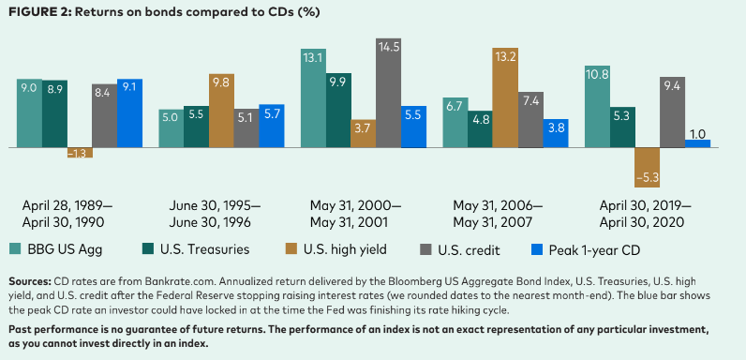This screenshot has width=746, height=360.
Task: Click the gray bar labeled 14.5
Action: click(x=388, y=93)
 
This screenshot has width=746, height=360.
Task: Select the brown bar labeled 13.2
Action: click(x=505, y=97)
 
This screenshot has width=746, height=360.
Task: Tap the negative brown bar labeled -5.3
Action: click(x=647, y=168)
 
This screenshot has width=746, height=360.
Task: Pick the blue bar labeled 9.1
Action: click(x=129, y=113)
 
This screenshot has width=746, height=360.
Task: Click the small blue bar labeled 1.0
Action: click(x=697, y=143)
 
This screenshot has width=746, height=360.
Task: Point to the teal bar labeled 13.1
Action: click(x=314, y=98)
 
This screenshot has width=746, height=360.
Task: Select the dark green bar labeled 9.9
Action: click(x=338, y=111)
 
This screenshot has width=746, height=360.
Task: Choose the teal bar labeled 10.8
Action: click(x=597, y=107)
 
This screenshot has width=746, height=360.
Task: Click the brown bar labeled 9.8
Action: click(x=221, y=111)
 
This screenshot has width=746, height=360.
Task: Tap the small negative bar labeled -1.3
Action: click(x=80, y=153)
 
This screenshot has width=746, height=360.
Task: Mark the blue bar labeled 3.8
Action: click(x=556, y=133)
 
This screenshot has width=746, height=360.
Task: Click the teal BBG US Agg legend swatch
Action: click(x=15, y=249)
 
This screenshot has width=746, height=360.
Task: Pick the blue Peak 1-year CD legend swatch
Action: click(x=535, y=249)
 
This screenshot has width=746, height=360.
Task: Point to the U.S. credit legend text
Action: click(x=469, y=249)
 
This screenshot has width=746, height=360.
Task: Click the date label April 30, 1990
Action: click(x=63, y=222)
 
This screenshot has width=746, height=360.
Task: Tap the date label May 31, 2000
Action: click(x=352, y=205)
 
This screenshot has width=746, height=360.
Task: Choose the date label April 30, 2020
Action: click(x=642, y=222)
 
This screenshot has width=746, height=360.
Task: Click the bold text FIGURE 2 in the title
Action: click(x=38, y=12)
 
